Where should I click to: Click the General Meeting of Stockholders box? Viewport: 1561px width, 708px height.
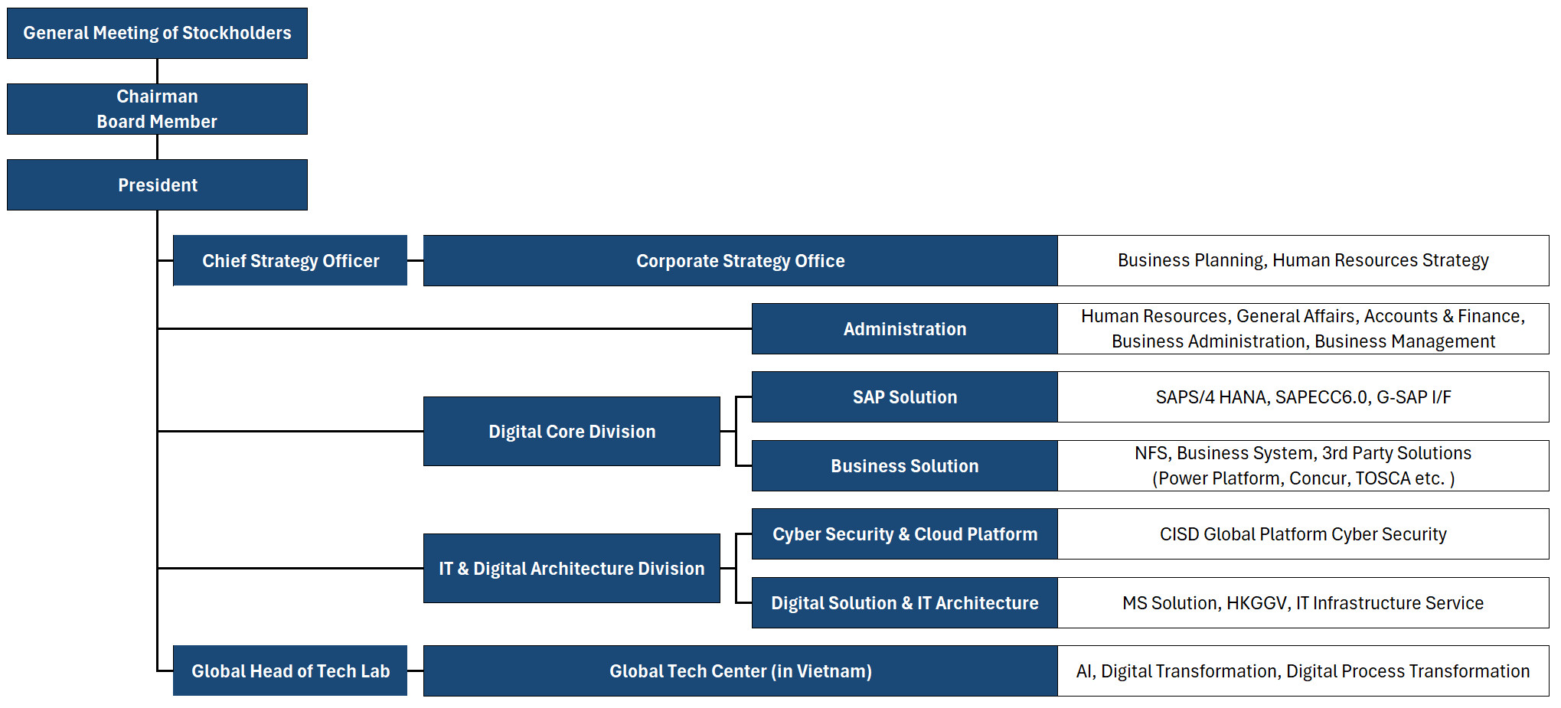157,33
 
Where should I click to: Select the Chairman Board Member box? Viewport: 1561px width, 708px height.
157,109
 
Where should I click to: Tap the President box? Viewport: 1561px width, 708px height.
157,184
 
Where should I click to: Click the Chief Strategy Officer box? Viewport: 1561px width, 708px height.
290,260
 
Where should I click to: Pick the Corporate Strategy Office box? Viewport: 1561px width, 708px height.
740,260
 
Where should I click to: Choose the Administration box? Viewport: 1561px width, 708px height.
905,328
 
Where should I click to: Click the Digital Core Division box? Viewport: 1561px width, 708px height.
572,431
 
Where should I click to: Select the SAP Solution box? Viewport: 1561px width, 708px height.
905,396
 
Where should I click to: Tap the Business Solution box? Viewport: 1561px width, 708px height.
905,465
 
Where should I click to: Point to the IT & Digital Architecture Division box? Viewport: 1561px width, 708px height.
572,568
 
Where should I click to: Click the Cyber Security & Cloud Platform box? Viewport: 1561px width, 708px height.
905,533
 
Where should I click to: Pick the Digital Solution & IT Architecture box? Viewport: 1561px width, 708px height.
905,602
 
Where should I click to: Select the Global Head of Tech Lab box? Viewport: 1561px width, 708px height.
290,670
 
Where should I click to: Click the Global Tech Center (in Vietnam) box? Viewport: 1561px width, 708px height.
740,670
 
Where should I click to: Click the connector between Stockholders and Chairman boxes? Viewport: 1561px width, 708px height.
157,71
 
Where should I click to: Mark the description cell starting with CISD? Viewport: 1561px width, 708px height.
1303,533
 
